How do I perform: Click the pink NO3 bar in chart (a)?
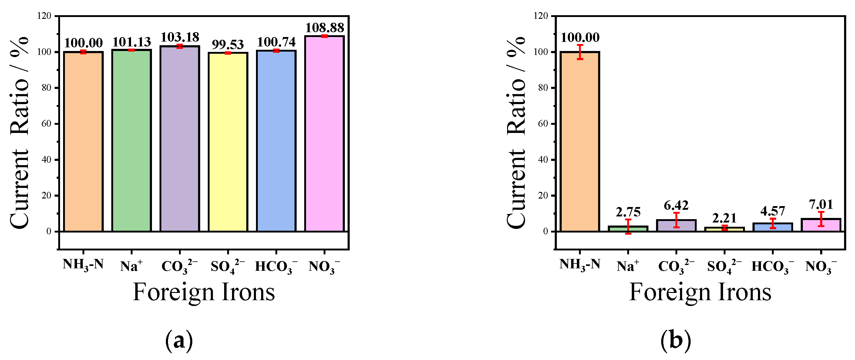324,133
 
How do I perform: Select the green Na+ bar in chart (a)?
131,140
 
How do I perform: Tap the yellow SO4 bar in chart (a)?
228,141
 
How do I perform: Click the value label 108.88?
324,28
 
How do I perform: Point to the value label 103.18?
180,37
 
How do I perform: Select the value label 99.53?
228,44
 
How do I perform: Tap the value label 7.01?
821,205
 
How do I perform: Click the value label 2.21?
724,218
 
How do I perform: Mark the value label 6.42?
676,205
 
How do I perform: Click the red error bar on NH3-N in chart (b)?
580,52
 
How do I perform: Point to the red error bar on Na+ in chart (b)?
628,226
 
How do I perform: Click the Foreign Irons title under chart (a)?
204,292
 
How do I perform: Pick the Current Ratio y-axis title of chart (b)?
516,133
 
